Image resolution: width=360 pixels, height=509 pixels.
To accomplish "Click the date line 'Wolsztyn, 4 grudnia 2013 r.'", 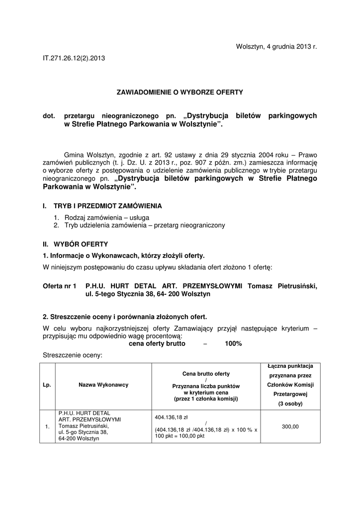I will pyautogui.click(x=276, y=47).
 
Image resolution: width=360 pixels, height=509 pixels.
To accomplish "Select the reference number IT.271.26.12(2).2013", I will pyautogui.click(x=74, y=58).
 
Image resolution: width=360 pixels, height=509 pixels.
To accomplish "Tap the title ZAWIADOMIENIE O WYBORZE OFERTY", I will pyautogui.click(x=180, y=92).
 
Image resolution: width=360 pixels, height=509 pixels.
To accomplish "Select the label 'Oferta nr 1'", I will pyautogui.click(x=60, y=286).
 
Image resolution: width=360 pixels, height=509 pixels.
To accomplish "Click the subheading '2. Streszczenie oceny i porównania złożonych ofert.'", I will pyautogui.click(x=125, y=317).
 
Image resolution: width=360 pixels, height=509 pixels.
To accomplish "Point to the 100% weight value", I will pyautogui.click(x=233, y=343).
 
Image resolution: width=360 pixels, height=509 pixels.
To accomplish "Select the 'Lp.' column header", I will pyautogui.click(x=47, y=385).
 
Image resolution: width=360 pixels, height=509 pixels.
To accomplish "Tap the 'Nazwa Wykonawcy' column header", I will pyautogui.click(x=103, y=385).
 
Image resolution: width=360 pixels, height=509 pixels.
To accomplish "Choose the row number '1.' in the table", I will pyautogui.click(x=47, y=426).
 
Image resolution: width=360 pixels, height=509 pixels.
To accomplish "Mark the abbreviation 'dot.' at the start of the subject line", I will pyautogui.click(x=50, y=116).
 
